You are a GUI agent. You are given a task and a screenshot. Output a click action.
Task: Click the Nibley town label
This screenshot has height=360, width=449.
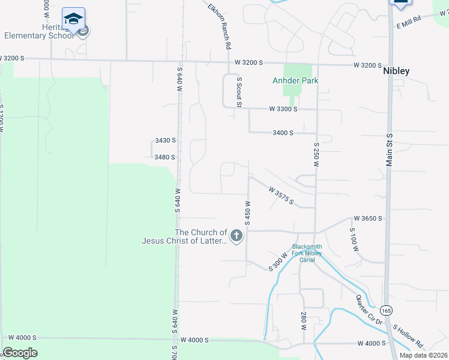click(396, 71)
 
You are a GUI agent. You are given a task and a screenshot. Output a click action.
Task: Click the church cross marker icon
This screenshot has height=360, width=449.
click(237, 236)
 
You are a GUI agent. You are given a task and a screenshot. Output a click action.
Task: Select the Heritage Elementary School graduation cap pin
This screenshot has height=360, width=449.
click(73, 20)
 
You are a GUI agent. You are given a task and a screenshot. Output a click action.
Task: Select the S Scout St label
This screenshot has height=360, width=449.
click(239, 92)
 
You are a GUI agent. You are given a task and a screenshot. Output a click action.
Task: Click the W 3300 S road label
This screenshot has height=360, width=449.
click(283, 109)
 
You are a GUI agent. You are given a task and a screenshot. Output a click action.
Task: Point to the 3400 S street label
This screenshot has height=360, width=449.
click(283, 133)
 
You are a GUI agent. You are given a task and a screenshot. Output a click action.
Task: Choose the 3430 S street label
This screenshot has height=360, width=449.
click(165, 140)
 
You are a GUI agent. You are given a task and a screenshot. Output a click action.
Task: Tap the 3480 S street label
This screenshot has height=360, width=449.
click(164, 157)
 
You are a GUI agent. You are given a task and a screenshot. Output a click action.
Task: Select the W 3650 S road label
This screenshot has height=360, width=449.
click(367, 218)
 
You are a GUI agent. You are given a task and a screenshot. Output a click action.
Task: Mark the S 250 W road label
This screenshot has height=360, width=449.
click(316, 154)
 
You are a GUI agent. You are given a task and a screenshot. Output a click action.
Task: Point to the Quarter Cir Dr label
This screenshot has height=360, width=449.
click(369, 311)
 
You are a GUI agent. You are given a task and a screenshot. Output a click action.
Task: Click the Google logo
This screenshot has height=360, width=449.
click(20, 352)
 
